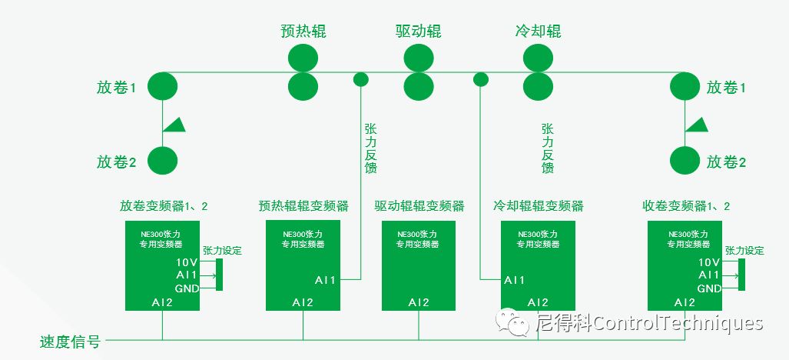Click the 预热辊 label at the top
coord(303,32)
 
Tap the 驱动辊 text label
coord(419,32)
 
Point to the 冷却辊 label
coord(538,32)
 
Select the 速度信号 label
coord(70,342)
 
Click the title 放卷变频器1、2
coord(164,206)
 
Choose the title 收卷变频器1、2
coord(686,206)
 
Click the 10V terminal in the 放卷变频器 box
coord(186,262)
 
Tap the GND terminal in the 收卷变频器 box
coord(709,288)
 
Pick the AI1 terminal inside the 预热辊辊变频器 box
coord(325,279)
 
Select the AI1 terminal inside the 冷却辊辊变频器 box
coord(515,279)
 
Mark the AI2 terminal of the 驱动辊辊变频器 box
coord(419,302)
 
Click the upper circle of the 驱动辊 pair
coord(419,58)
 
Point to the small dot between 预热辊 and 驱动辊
coord(360,78)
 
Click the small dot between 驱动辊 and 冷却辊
coord(481,78)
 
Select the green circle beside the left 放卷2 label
coord(162,160)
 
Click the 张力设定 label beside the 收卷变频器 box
coord(744,251)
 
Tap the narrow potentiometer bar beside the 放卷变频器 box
coord(220,275)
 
